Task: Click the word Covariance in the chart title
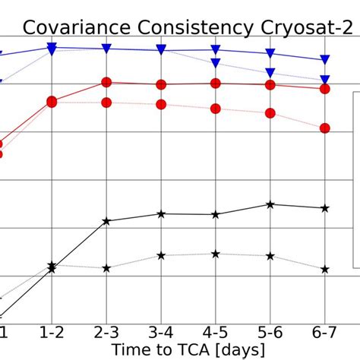tap(74, 28)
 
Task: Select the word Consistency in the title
tap(193, 28)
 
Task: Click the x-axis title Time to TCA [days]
tap(188, 349)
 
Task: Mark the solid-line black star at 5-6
tap(270, 204)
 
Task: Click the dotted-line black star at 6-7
tap(325, 269)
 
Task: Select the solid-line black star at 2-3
tap(106, 221)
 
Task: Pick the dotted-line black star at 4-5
tap(216, 254)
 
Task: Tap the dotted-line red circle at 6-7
tap(325, 128)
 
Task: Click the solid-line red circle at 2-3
tap(106, 83)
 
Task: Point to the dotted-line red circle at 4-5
tap(216, 109)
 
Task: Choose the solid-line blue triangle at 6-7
tap(325, 59)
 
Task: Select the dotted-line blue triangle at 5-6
tap(270, 73)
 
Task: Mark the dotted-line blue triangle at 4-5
tap(216, 63)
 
